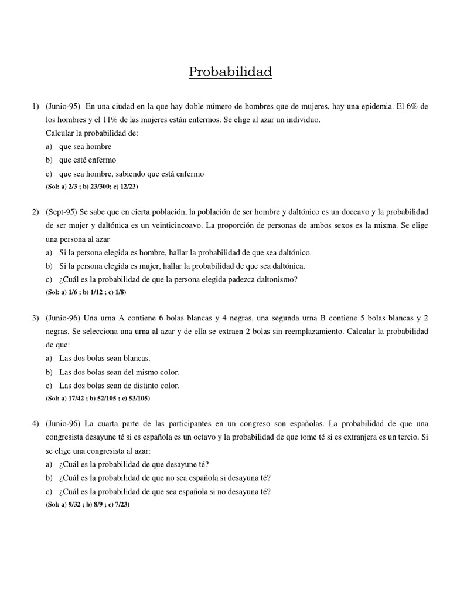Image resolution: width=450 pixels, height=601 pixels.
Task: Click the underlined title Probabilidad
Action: click(230, 73)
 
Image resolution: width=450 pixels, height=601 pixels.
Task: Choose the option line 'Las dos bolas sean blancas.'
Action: click(104, 358)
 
